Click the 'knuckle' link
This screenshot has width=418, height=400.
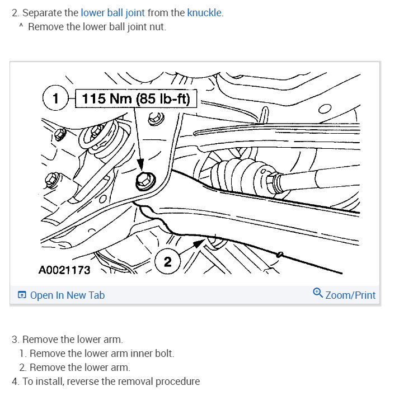pos(205,12)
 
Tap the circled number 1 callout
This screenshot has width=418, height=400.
pos(55,99)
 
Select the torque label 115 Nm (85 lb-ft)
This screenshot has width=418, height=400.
pos(136,99)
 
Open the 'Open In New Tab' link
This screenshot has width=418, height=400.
pos(67,295)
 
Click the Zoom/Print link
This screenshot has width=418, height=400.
pos(350,295)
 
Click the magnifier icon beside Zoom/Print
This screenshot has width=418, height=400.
pos(318,294)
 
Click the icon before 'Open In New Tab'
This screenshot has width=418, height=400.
pos(21,295)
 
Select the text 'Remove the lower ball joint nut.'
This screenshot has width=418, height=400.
pos(96,26)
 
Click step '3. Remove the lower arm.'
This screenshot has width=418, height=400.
pos(67,340)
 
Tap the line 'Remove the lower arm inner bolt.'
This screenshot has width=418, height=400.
pos(101,354)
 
